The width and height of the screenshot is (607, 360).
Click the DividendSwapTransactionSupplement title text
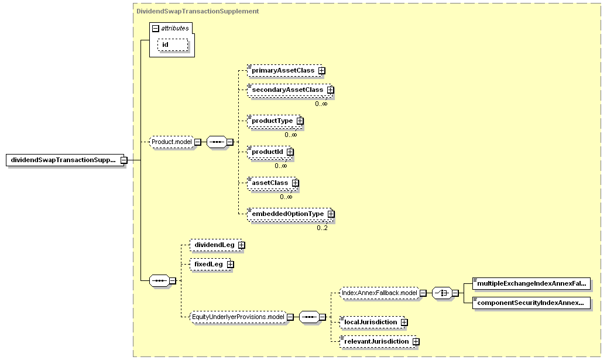tap(197, 11)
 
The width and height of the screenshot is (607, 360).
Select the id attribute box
tap(173, 44)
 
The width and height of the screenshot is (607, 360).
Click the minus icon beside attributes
tap(156, 28)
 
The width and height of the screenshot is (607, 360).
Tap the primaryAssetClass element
tap(284, 70)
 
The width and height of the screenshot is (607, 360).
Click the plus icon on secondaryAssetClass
tap(330, 90)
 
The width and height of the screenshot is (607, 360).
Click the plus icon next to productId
tap(290, 152)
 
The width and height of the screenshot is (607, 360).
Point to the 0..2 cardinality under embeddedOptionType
tap(322, 228)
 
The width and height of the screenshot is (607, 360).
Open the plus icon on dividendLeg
tap(242, 245)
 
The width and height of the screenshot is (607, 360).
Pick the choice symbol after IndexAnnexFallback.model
tap(442, 293)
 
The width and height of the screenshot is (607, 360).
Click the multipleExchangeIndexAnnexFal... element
tap(531, 283)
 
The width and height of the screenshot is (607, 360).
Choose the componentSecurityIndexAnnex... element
tap(531, 303)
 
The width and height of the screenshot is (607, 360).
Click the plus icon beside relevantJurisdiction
tap(416, 341)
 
